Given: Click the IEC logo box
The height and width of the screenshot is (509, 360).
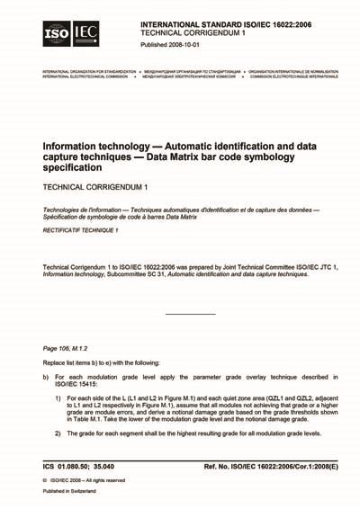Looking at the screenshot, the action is click(x=86, y=34).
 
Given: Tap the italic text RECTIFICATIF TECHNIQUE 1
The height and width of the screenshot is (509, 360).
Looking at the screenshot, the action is click(x=81, y=231).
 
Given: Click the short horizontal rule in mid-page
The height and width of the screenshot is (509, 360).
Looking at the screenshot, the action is click(x=191, y=313).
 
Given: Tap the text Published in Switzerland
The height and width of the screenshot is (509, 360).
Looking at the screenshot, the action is click(x=74, y=492).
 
